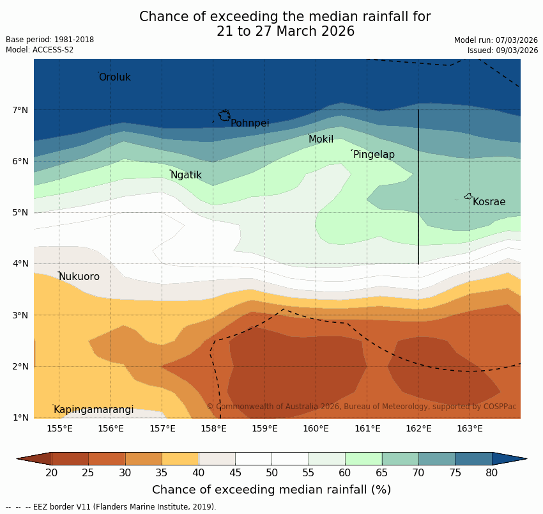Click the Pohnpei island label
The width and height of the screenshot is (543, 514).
coord(250,123)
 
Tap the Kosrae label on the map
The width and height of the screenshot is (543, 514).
coord(489,202)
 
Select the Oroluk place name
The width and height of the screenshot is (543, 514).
coord(114,77)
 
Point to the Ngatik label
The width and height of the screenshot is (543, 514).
coord(186,175)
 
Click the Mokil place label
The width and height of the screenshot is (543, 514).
coord(321,139)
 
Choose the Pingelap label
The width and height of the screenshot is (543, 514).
coord(374,155)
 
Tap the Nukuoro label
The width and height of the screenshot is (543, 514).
coord(79,277)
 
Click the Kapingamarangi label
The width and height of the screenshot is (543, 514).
coord(93,410)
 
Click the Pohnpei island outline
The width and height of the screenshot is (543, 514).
coord(224,116)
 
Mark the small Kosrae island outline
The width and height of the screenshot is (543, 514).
coord(468,196)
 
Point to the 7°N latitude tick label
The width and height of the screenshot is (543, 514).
coord(20,111)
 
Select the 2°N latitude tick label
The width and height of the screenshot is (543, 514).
coord(20,367)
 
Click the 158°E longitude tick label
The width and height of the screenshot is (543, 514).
coord(213,428)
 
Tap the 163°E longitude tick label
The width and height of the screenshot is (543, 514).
coord(470,428)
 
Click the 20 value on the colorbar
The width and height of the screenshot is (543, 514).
coord(52,472)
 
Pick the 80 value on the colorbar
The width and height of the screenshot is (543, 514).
coord(492,472)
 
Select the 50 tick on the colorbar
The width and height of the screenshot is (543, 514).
coord(271,472)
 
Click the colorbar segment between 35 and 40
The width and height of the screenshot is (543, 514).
coord(180,458)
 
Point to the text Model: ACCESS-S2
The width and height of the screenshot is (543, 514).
coord(40,50)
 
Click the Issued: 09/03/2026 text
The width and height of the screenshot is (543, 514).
coord(502,50)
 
